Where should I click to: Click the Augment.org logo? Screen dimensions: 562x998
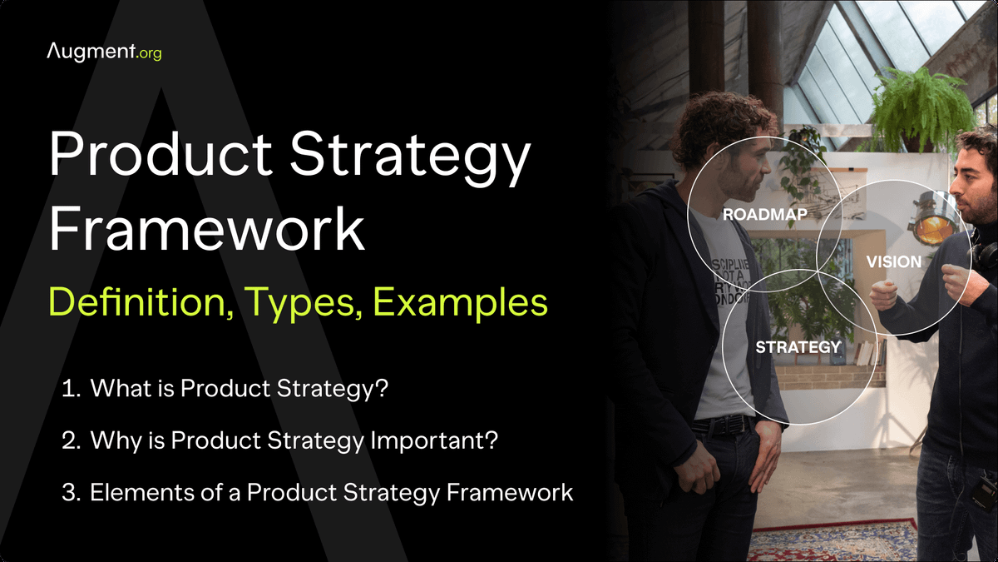tap(104, 52)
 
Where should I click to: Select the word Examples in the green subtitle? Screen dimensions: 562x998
tap(460, 302)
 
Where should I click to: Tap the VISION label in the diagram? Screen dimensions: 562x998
tap(893, 261)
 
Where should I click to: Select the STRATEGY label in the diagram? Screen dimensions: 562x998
tap(798, 346)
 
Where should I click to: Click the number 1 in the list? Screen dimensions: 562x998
tap(70, 389)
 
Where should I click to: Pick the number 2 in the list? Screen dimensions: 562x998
tap(70, 440)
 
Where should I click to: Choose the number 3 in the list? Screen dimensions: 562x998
tap(70, 492)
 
